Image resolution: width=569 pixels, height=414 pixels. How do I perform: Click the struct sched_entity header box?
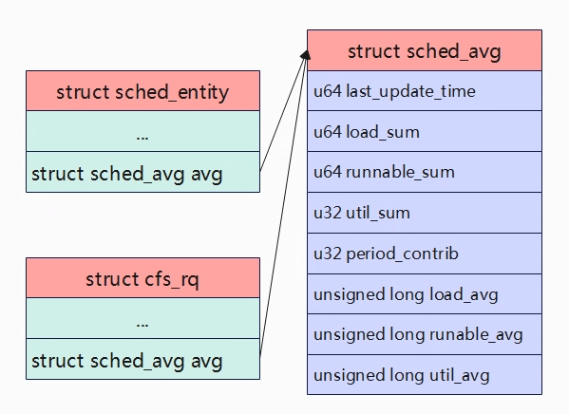[143, 91]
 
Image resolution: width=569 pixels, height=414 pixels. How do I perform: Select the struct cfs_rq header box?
[143, 278]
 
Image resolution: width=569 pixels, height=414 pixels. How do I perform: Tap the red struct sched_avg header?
[425, 50]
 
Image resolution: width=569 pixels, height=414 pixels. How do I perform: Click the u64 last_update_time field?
[425, 91]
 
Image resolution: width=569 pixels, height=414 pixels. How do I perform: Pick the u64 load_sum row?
[425, 131]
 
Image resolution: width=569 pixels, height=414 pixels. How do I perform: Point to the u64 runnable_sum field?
[425, 172]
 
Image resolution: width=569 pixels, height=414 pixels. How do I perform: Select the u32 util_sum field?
[425, 213]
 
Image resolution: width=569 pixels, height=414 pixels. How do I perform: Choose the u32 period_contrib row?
[425, 254]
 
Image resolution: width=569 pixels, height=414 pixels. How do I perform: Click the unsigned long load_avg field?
[425, 294]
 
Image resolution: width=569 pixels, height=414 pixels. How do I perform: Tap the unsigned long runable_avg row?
[425, 334]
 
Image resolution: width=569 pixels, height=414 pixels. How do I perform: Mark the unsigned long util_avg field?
[425, 375]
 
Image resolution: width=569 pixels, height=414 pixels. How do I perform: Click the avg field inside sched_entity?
[143, 172]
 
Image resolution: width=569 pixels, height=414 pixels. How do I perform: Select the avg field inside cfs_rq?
[143, 359]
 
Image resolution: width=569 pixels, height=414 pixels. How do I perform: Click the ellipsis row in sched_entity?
[143, 131]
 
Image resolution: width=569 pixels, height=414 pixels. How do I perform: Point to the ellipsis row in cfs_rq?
[143, 318]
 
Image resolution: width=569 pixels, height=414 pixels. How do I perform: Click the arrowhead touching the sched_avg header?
[306, 55]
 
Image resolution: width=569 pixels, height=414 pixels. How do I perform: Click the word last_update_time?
[410, 91]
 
